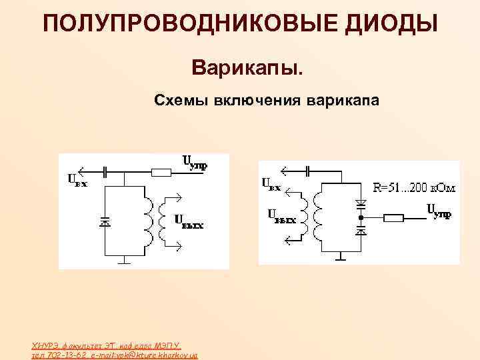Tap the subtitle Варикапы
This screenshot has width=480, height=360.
247,67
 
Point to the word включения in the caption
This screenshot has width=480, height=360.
257,101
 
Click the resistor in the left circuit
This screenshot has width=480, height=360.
162,172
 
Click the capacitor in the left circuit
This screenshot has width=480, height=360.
124,172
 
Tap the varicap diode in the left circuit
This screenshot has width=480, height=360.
104,221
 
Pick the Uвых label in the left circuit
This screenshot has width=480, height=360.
189,221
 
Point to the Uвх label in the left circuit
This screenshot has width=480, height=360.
77,179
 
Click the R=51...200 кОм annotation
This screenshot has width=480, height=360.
413,188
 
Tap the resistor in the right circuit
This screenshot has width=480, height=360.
394,217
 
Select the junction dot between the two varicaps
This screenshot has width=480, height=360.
360,217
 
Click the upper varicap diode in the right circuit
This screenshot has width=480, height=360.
360,203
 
